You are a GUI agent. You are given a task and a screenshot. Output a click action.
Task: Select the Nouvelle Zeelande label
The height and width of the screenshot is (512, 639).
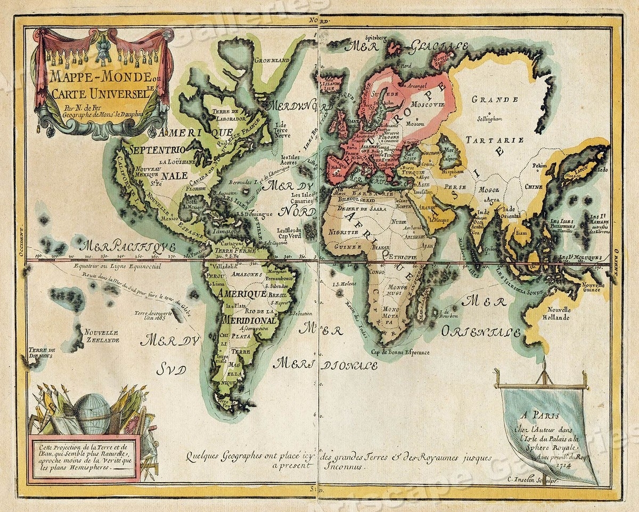click(101, 335)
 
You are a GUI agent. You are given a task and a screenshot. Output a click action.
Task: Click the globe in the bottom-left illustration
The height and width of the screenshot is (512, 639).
click(92, 413)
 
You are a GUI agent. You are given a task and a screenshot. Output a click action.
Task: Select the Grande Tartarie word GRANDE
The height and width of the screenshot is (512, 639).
click(495, 100)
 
